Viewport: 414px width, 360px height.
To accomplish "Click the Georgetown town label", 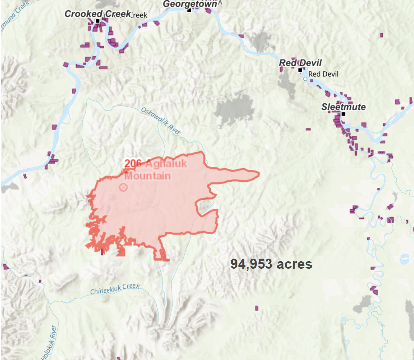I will [x=190, y=4].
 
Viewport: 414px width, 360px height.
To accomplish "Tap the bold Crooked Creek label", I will [x=97, y=14].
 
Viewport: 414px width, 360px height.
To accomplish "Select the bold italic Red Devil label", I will [x=300, y=63].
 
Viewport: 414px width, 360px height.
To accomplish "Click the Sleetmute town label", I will [x=343, y=107].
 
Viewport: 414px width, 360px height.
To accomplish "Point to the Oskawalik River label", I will [x=161, y=121].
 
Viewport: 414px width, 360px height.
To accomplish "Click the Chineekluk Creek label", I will [x=115, y=289].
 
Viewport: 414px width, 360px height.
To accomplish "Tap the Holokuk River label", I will [x=49, y=343].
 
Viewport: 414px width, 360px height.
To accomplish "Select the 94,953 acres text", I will [x=271, y=264].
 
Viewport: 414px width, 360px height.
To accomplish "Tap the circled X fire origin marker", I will [x=123, y=187].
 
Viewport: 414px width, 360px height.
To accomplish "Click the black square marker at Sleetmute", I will [x=343, y=114].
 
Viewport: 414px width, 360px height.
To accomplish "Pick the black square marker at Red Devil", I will [x=300, y=70].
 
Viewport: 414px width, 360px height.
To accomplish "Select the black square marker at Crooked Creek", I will [x=97, y=21].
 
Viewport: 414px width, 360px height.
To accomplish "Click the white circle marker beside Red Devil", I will [x=305, y=79].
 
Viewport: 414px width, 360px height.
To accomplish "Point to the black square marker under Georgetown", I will [x=189, y=10].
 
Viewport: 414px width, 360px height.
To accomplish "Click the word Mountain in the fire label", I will [x=147, y=176].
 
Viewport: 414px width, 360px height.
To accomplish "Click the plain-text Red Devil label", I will [x=323, y=74].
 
